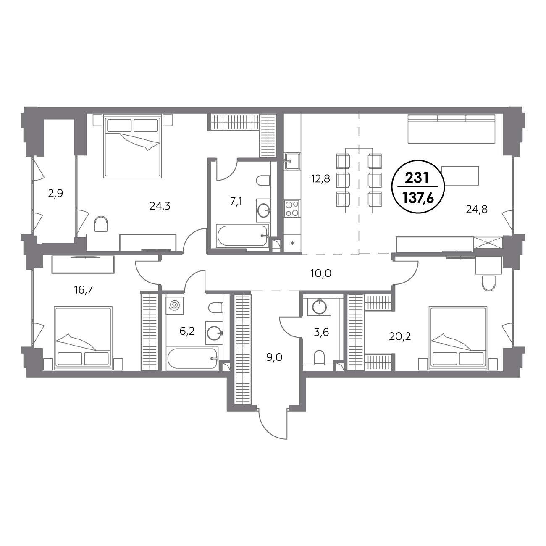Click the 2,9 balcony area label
[55, 194]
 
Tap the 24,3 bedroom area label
[160, 206]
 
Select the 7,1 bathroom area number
[236, 202]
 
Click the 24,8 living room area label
[477, 210]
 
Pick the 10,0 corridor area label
[321, 273]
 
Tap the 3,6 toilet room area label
[321, 332]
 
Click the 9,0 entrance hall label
[274, 357]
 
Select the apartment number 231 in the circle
[417, 178]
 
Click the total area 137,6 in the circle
[418, 198]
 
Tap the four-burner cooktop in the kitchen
[292, 208]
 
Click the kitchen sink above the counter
[292, 161]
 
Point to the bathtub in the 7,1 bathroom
[242, 236]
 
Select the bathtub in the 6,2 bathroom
[192, 358]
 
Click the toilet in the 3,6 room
[319, 357]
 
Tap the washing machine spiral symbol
[175, 305]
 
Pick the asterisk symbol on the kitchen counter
[293, 243]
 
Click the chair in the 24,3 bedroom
[101, 224]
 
